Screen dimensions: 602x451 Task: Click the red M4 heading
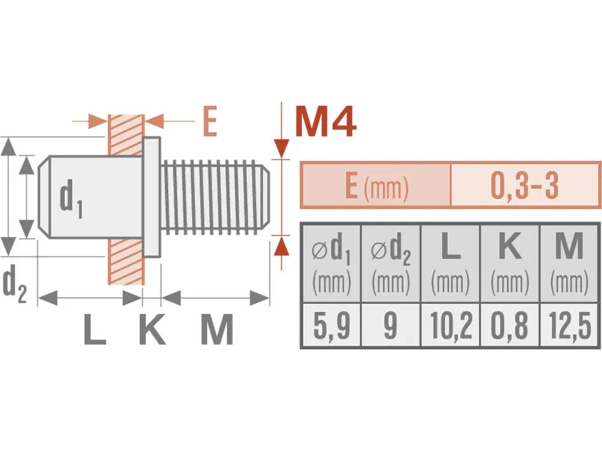326,121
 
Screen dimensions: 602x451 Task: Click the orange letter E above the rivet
209,121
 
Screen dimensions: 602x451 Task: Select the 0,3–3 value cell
525,185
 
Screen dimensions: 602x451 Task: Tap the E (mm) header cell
376,185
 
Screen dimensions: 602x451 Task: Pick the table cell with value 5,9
332,325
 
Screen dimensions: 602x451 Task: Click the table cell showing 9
391,325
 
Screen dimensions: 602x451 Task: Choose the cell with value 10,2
451,325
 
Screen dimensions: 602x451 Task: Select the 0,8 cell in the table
510,325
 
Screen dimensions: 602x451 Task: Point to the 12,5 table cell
569,325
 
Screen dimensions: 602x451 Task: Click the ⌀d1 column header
332,263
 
